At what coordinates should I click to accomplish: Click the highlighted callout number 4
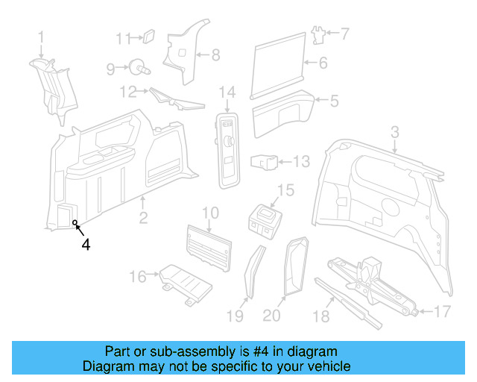pos(86,244)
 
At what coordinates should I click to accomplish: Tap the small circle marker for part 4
pos(75,222)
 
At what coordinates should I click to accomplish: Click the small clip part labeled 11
pos(148,35)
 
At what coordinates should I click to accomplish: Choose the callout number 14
pos(227,93)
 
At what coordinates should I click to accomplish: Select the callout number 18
pos(321,317)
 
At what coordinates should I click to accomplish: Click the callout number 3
pos(395,132)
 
